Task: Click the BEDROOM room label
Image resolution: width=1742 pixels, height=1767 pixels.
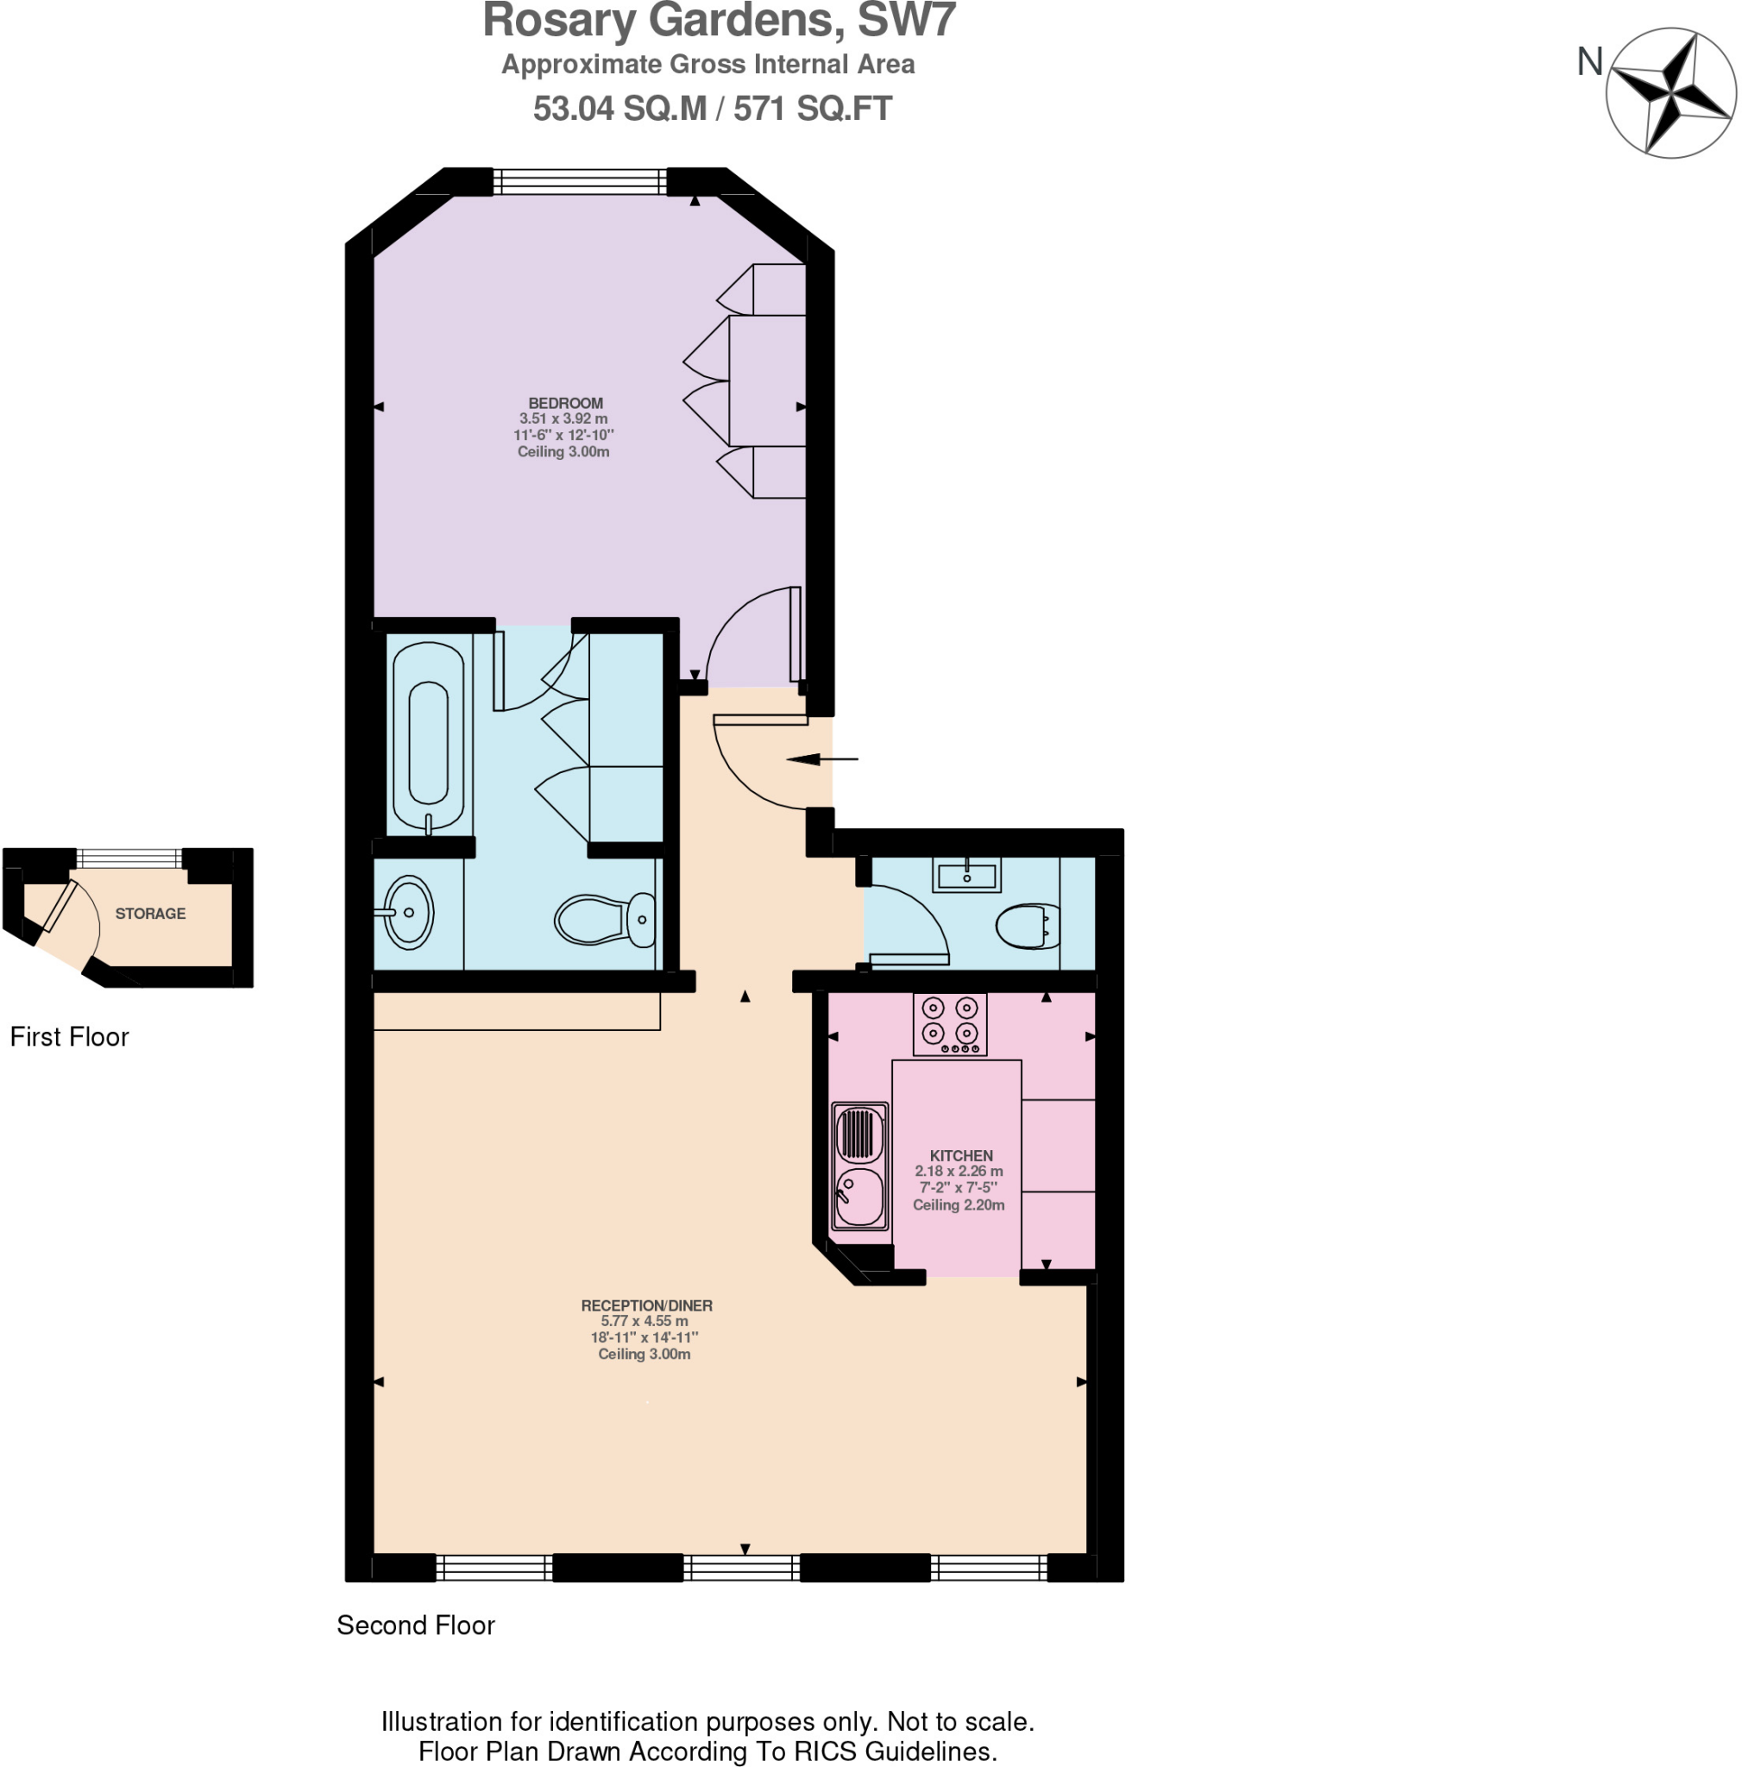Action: click(565, 402)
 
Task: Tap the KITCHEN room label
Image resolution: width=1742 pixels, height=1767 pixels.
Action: click(960, 1155)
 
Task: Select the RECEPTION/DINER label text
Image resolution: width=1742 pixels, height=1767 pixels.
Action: click(646, 1305)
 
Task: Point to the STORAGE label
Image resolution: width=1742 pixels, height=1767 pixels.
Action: click(150, 913)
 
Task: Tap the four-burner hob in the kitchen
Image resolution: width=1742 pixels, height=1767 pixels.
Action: click(950, 1023)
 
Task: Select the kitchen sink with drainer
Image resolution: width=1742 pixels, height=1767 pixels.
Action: click(858, 1165)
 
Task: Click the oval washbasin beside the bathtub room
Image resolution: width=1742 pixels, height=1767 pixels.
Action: click(408, 912)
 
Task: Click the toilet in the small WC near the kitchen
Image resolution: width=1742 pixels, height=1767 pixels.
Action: click(1028, 926)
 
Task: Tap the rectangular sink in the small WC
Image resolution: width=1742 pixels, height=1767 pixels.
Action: click(966, 874)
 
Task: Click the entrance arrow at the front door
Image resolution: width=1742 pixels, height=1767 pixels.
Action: click(822, 759)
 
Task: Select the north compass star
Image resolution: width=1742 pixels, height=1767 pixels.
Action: click(1670, 92)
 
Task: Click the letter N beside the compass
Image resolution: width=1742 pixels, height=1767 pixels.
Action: click(1590, 62)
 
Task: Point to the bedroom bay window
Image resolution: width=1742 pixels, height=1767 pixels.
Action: click(580, 182)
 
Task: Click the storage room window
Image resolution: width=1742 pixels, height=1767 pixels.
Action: click(129, 858)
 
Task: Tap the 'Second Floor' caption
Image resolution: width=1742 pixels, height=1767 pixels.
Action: click(415, 1625)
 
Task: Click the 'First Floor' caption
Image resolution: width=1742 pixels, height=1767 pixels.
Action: click(70, 1036)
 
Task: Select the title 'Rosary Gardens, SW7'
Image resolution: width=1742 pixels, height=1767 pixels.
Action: click(719, 20)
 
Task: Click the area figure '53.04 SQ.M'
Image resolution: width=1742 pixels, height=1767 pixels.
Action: click(619, 109)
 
